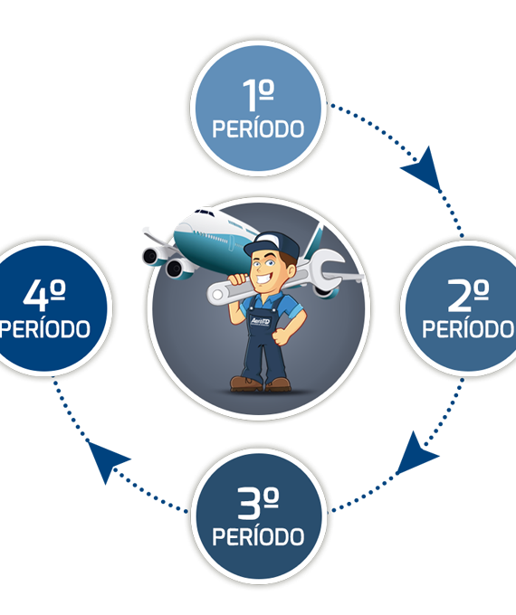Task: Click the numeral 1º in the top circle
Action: coord(258,95)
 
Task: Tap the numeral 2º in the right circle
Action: coord(468,296)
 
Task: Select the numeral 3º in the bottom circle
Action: coord(258,503)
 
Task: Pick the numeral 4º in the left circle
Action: coord(44,296)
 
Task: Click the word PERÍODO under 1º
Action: coord(258,128)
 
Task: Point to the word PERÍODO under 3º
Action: coord(258,536)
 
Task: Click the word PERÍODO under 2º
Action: coord(468,328)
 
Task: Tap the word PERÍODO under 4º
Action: coord(44,328)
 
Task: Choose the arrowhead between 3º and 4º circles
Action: coord(106,459)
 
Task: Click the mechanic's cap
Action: coord(272,244)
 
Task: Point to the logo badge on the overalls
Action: coord(260,322)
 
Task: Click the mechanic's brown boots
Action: coord(260,384)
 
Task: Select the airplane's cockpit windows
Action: coord(205,213)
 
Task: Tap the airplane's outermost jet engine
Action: coord(151,257)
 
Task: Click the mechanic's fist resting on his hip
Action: coord(281,336)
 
